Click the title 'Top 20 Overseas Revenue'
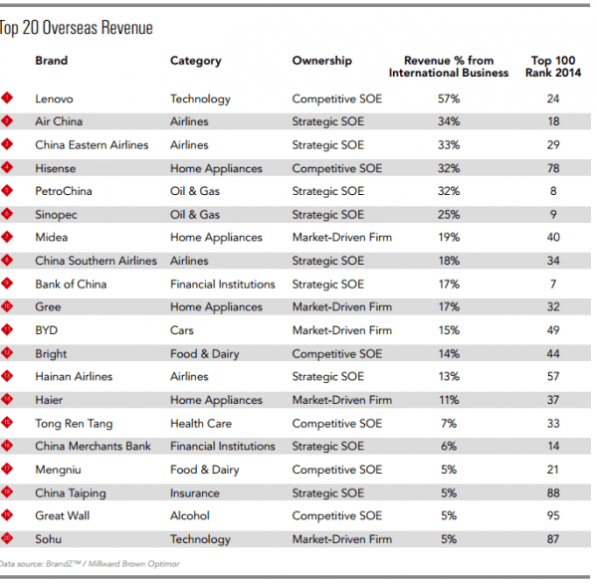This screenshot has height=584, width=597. [78, 28]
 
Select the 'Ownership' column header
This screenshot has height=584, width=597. [321, 61]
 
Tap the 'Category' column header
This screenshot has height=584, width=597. [196, 61]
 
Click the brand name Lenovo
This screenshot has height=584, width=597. [54, 98]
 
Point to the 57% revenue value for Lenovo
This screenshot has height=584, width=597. [448, 98]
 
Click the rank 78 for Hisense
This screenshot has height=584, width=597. [552, 168]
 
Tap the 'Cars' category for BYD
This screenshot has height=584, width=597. [183, 330]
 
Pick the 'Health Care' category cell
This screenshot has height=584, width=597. [201, 423]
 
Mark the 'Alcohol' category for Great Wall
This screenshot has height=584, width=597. [190, 515]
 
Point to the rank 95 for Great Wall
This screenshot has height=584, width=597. [552, 515]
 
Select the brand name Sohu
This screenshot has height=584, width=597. [49, 539]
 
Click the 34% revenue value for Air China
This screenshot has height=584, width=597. [448, 121]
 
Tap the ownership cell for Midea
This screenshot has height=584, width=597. [341, 238]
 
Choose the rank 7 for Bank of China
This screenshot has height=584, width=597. [552, 284]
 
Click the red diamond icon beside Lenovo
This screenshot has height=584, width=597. [8, 98]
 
